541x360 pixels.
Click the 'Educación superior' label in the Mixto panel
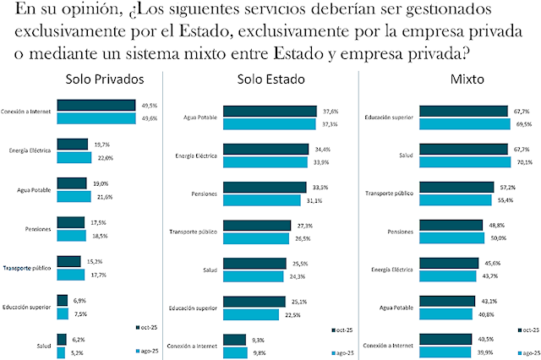coord(390,117)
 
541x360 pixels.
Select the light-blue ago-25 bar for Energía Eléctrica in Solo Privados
coord(74,157)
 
